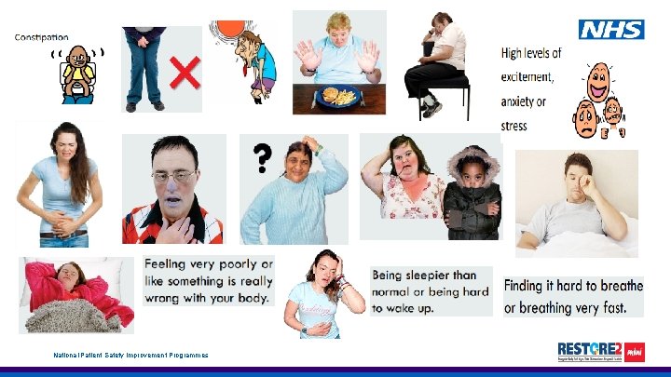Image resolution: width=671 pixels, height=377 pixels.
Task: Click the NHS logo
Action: click(611, 29)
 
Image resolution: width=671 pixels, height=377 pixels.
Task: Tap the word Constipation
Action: click(41, 37)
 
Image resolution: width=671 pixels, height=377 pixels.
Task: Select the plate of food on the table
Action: click(335, 95)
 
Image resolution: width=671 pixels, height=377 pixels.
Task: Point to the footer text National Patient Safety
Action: click(130, 356)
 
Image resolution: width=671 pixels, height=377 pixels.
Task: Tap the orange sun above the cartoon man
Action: click(224, 29)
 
